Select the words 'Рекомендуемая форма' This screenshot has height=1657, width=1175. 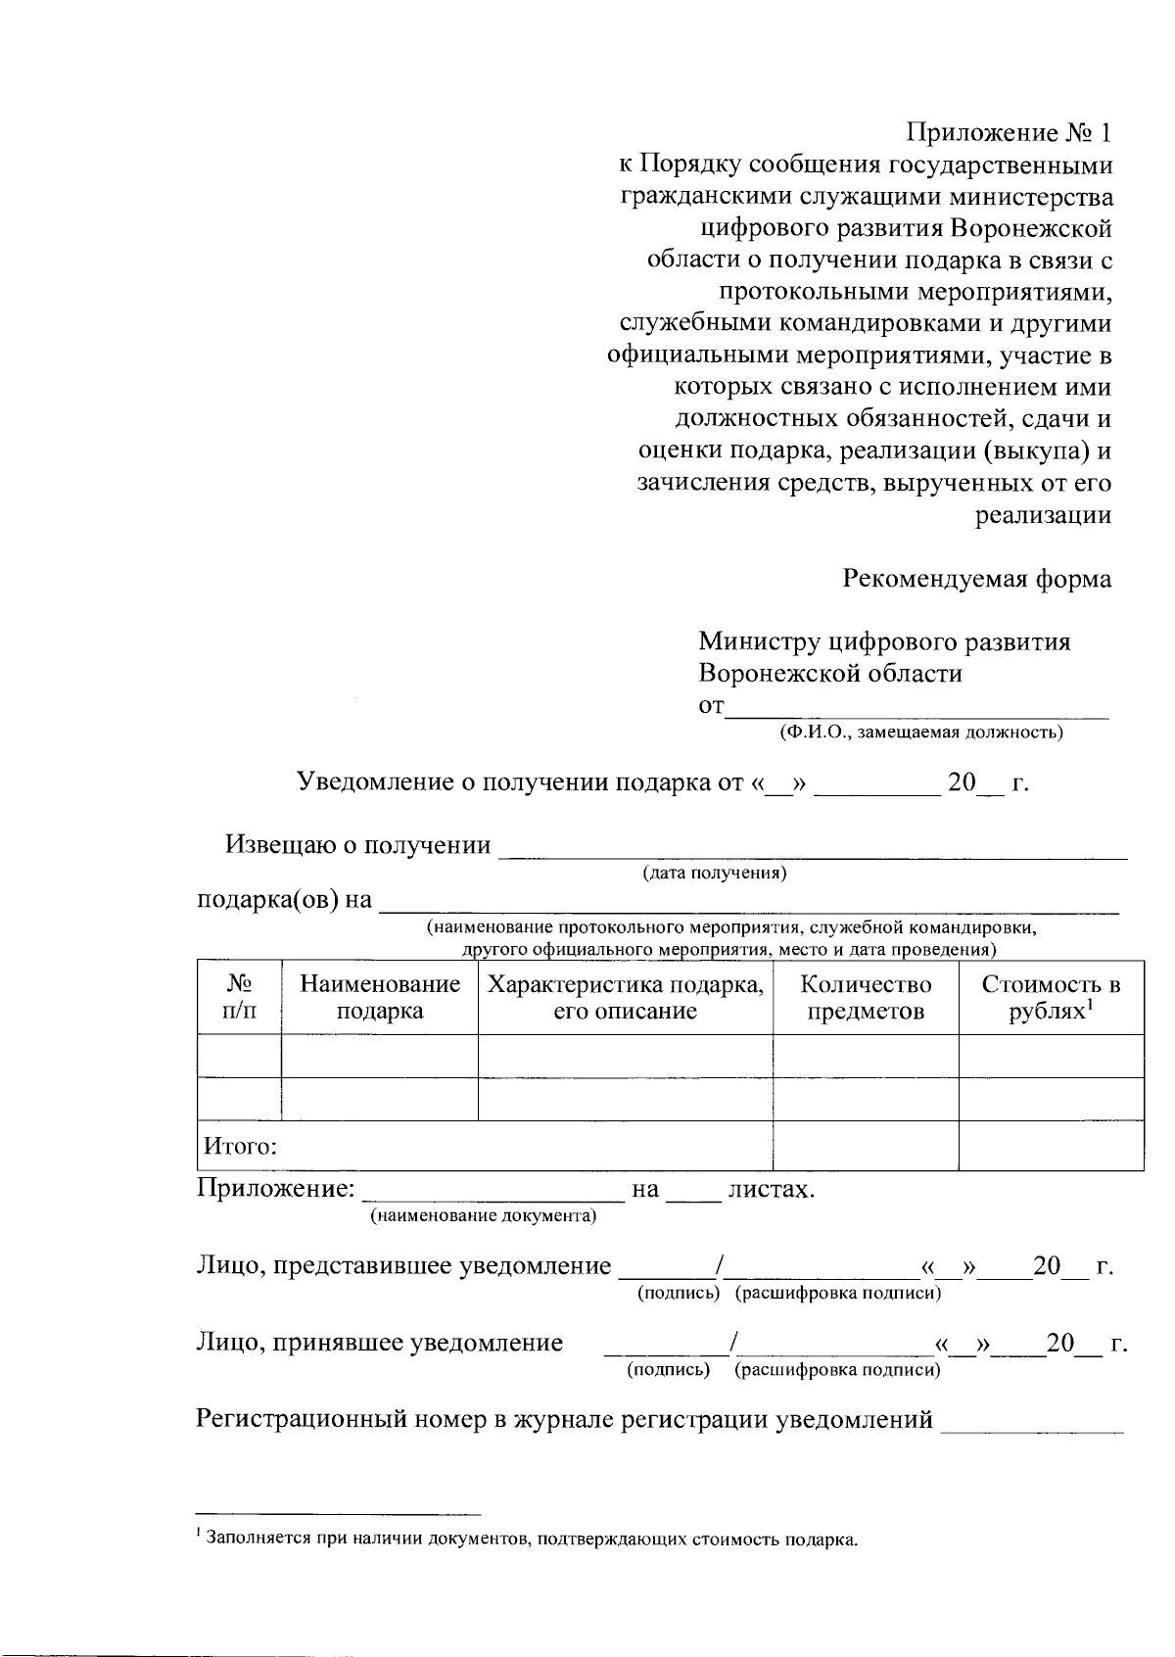pyautogui.click(x=976, y=579)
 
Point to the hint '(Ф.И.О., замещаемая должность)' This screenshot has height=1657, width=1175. pyautogui.click(x=920, y=732)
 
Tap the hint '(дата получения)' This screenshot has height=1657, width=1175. pyautogui.click(x=714, y=872)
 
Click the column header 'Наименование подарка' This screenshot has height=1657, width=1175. pyautogui.click(x=380, y=997)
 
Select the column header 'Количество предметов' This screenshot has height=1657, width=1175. pyautogui.click(x=866, y=997)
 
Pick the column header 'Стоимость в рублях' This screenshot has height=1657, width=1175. pyautogui.click(x=1051, y=997)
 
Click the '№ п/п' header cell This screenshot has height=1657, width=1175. pyautogui.click(x=240, y=997)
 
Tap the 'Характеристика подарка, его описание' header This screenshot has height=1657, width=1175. pyautogui.click(x=625, y=997)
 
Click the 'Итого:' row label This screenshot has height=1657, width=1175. pyautogui.click(x=240, y=1146)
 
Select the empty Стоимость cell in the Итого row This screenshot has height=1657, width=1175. pyautogui.click(x=1051, y=1145)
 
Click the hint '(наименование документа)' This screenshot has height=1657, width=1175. pyautogui.click(x=482, y=1216)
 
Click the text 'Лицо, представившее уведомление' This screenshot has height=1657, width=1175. pyautogui.click(x=403, y=1266)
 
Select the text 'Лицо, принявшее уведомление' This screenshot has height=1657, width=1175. pyautogui.click(x=380, y=1343)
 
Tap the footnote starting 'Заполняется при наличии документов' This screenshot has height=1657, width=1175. pyautogui.click(x=529, y=1539)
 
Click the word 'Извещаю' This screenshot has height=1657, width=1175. pyautogui.click(x=279, y=845)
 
